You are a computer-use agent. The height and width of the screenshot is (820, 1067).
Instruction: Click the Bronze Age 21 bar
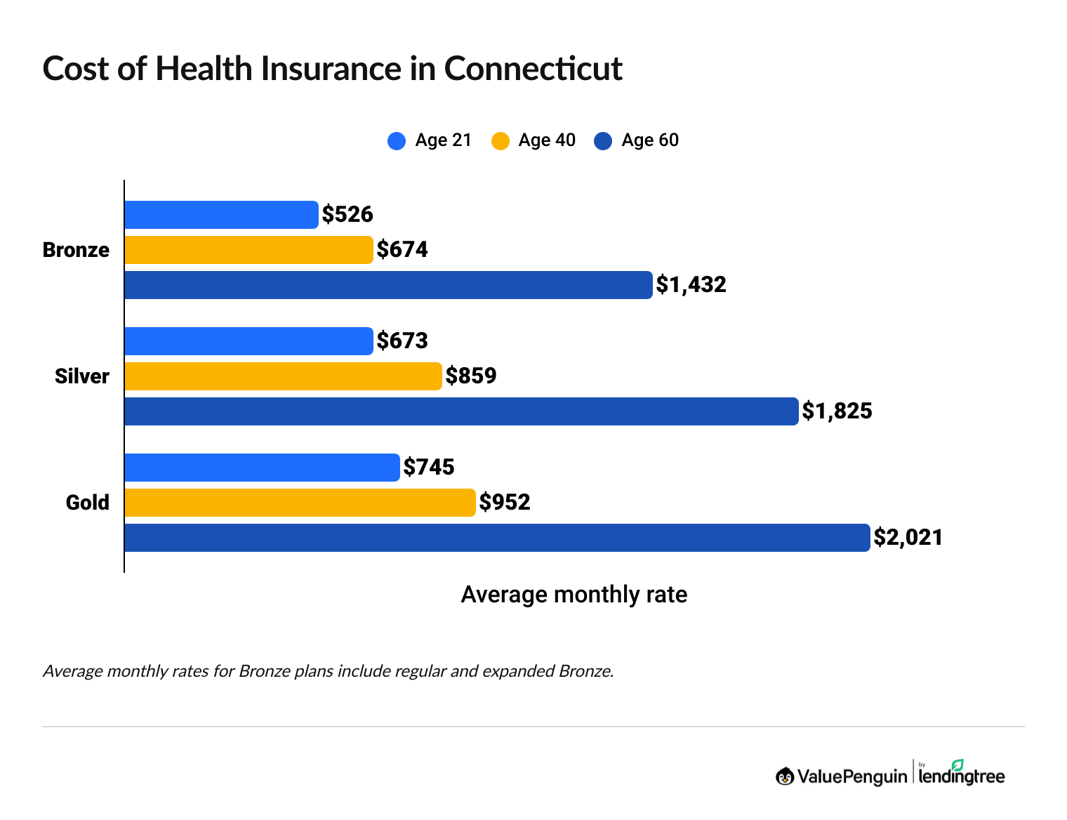221,215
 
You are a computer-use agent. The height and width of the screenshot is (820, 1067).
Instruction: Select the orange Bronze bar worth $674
248,250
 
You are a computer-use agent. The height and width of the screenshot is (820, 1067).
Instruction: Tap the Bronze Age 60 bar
388,285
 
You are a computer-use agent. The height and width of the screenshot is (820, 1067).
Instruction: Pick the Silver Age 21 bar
248,341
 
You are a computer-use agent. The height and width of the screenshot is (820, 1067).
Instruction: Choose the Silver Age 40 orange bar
283,376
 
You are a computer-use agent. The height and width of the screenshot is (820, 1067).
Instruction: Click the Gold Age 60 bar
497,538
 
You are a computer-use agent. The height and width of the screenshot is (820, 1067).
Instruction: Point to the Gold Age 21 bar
262,468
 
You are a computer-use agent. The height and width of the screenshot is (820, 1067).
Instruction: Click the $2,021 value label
908,538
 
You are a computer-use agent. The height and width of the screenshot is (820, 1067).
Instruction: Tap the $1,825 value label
837,411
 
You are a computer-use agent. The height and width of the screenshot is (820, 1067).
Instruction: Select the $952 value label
505,503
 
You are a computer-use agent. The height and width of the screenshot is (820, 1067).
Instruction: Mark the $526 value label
347,215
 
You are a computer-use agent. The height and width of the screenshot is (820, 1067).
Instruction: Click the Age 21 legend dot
397,141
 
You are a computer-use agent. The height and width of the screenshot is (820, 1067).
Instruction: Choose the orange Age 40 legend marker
500,141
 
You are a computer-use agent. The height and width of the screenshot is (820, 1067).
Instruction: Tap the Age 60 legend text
650,140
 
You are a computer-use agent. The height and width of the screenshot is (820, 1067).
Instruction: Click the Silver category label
82,376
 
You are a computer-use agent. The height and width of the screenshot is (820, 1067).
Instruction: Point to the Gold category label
88,503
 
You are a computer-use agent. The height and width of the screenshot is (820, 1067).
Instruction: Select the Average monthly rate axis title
574,595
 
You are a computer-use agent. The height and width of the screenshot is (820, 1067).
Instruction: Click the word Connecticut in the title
533,69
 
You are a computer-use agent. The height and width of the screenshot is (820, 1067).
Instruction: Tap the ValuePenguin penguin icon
785,776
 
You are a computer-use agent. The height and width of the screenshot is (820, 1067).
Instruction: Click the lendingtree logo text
961,776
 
